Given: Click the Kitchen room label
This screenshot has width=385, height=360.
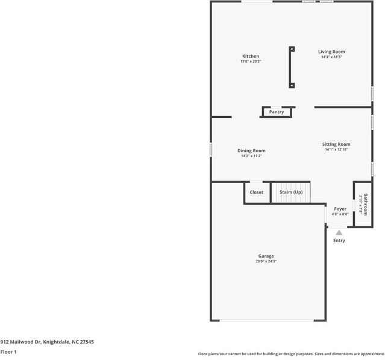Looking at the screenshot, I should click(251, 56).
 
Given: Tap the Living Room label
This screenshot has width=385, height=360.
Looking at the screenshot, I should click(331, 52).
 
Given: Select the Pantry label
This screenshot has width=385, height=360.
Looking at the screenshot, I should click(277, 112).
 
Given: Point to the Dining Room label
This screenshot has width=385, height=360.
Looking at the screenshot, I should click(251, 151).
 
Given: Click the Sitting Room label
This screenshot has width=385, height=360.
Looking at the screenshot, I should click(336, 144).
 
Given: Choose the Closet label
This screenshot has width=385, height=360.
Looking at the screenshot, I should click(257, 192).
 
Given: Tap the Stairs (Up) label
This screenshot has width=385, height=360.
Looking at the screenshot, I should click(290, 192).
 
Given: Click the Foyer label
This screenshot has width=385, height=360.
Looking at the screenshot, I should click(340, 209).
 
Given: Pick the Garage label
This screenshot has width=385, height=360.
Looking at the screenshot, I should click(266, 256).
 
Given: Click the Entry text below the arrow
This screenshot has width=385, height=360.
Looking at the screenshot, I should click(339, 241).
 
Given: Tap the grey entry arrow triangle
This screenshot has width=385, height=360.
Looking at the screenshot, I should click(339, 232).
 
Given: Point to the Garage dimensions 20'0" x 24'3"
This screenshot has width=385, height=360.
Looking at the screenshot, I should click(266, 261).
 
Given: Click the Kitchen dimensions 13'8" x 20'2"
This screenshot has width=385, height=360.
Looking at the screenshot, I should click(251, 61).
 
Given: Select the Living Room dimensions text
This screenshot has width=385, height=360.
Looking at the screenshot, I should click(331, 57).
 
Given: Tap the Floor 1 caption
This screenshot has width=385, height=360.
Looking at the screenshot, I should click(8, 352).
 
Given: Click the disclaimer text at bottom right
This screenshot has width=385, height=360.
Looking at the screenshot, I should click(291, 354).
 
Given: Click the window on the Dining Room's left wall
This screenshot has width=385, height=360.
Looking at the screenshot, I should click(211, 149).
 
